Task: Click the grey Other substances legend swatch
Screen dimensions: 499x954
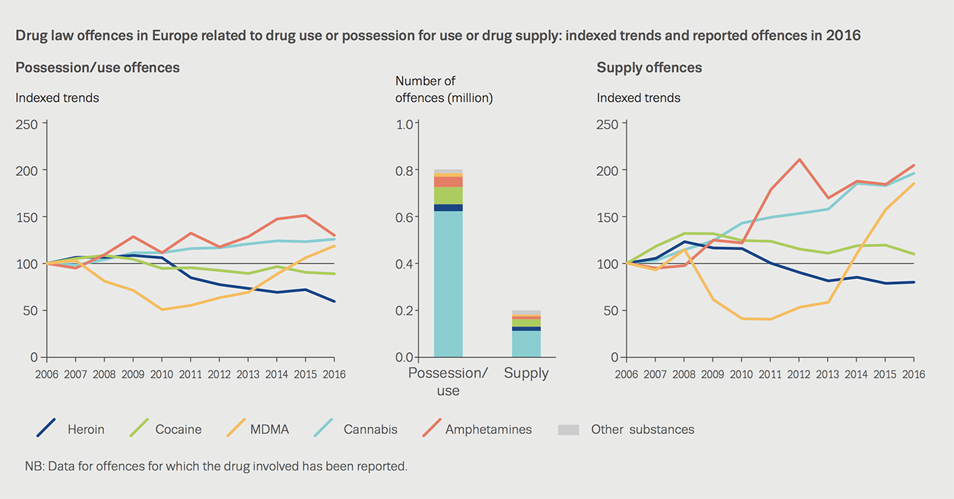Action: click(x=568, y=430)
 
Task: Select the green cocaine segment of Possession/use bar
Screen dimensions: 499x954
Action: click(x=448, y=195)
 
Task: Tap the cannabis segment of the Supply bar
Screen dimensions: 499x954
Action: click(x=526, y=343)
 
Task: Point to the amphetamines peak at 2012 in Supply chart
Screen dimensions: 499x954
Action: click(x=799, y=159)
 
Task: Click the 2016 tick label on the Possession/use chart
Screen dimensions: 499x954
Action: click(x=334, y=374)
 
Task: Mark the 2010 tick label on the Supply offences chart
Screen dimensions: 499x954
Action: click(x=741, y=374)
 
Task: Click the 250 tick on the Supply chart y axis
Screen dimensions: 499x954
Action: click(x=608, y=124)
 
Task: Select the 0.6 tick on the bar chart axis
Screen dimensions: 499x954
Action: click(x=406, y=217)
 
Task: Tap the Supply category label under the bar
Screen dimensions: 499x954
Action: click(x=526, y=373)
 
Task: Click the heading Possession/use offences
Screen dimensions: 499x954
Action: click(x=98, y=68)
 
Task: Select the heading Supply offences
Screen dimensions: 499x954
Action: click(x=649, y=68)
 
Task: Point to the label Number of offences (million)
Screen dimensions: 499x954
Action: click(x=443, y=90)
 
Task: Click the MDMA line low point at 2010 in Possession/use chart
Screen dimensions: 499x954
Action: click(x=163, y=309)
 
